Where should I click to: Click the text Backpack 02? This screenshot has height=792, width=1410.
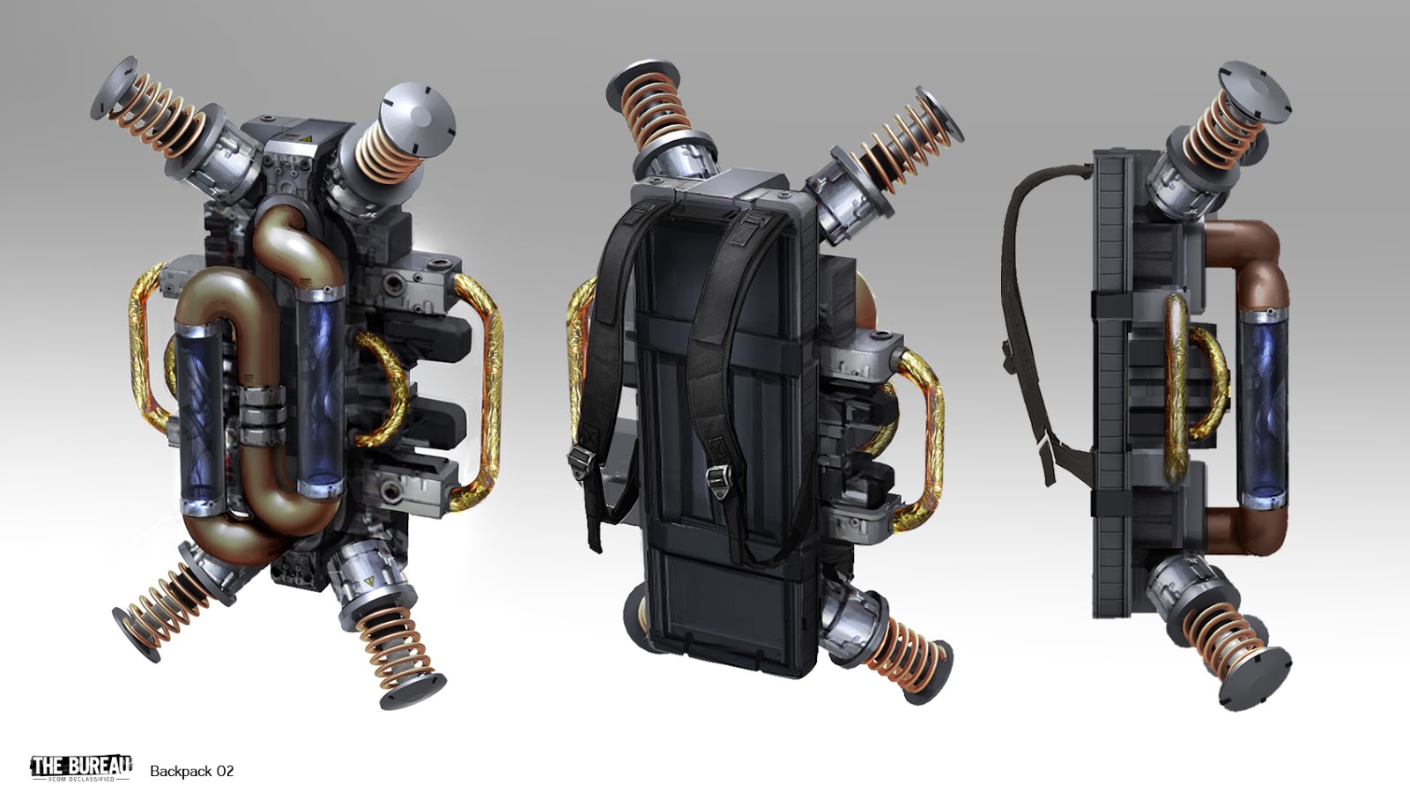[x=191, y=771]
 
